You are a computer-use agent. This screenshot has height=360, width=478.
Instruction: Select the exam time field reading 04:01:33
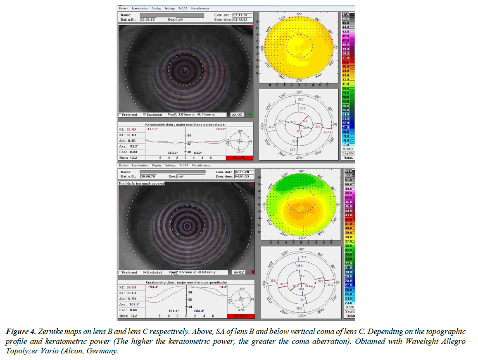click(x=243, y=177)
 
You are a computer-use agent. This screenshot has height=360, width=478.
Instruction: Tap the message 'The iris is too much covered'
click(x=141, y=183)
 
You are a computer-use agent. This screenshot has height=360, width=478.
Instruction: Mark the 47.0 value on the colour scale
click(x=345, y=14)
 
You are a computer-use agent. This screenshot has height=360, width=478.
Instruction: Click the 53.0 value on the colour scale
click(x=347, y=172)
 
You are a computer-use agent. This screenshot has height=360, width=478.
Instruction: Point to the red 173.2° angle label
click(x=153, y=129)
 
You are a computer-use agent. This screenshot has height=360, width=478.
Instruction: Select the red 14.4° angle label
click(x=223, y=287)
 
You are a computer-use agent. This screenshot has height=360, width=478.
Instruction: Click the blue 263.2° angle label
click(x=173, y=153)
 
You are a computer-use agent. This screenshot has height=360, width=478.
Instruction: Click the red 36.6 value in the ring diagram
click(x=273, y=281)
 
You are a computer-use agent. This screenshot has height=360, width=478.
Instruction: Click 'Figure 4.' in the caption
click(x=21, y=331)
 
